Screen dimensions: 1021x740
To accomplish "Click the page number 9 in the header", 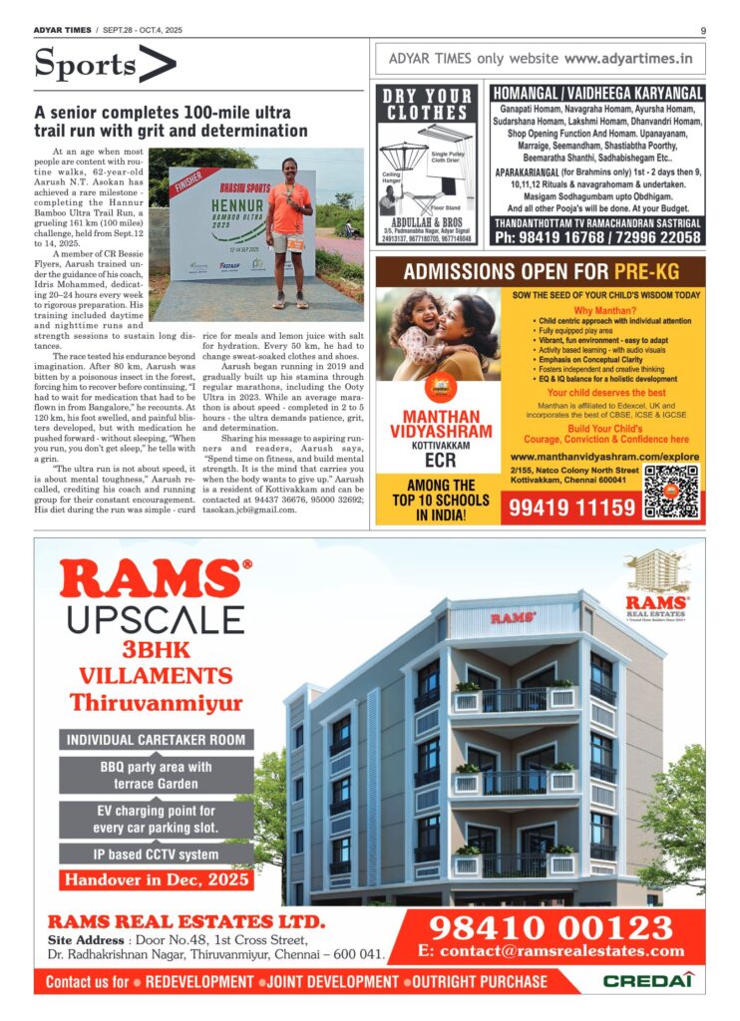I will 703,30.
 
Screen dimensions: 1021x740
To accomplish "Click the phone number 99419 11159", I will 572,508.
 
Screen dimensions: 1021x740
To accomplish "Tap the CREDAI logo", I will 647,981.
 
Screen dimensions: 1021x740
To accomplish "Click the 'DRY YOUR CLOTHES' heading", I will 428,104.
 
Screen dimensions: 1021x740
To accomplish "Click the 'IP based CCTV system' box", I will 157,853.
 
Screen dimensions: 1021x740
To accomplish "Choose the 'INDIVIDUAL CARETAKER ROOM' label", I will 157,740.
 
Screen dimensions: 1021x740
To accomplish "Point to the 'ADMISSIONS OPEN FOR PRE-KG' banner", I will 540,271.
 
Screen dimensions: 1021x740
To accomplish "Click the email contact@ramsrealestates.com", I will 552,951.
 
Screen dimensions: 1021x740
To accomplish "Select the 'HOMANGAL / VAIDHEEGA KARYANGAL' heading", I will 597,93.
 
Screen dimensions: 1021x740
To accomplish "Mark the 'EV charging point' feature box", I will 157,819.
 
